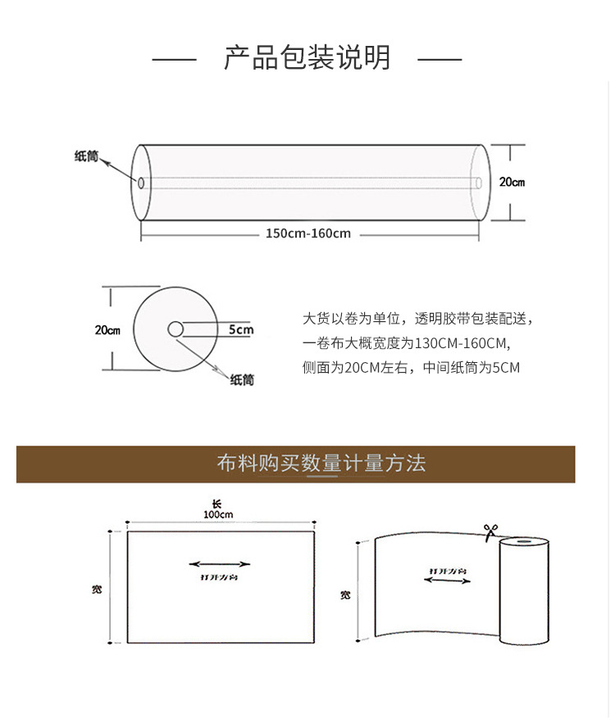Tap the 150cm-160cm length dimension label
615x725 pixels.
pos(307,233)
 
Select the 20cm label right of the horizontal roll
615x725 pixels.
pos(512,182)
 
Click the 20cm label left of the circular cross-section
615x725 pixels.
pos(107,330)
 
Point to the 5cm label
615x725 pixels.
pos(241,330)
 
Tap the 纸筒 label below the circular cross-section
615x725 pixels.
pos(242,379)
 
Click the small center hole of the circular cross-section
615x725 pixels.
pos(175,329)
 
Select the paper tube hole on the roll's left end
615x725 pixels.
pos(141,183)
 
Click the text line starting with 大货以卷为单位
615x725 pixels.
pos(418,318)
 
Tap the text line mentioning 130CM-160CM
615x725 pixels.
pos(406,343)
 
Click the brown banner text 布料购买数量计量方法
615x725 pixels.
pos(321,464)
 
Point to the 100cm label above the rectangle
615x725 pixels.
pos(218,514)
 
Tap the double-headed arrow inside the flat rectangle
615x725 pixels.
pos(220,564)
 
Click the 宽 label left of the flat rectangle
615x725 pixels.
pos(97,589)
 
